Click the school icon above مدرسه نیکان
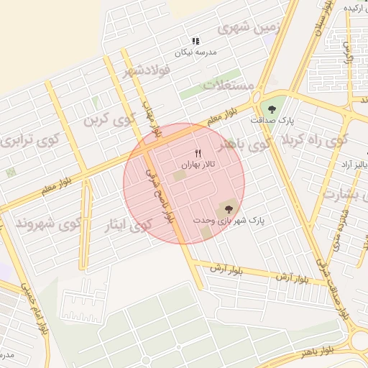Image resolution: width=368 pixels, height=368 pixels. (x=195, y=42)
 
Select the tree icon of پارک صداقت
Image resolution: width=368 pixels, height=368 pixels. (x=272, y=109)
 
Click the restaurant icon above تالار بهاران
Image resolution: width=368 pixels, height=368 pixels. (x=198, y=153)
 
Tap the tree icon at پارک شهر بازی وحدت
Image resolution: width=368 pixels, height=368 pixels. (x=229, y=208)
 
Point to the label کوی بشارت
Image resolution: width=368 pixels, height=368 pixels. (x=344, y=193)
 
